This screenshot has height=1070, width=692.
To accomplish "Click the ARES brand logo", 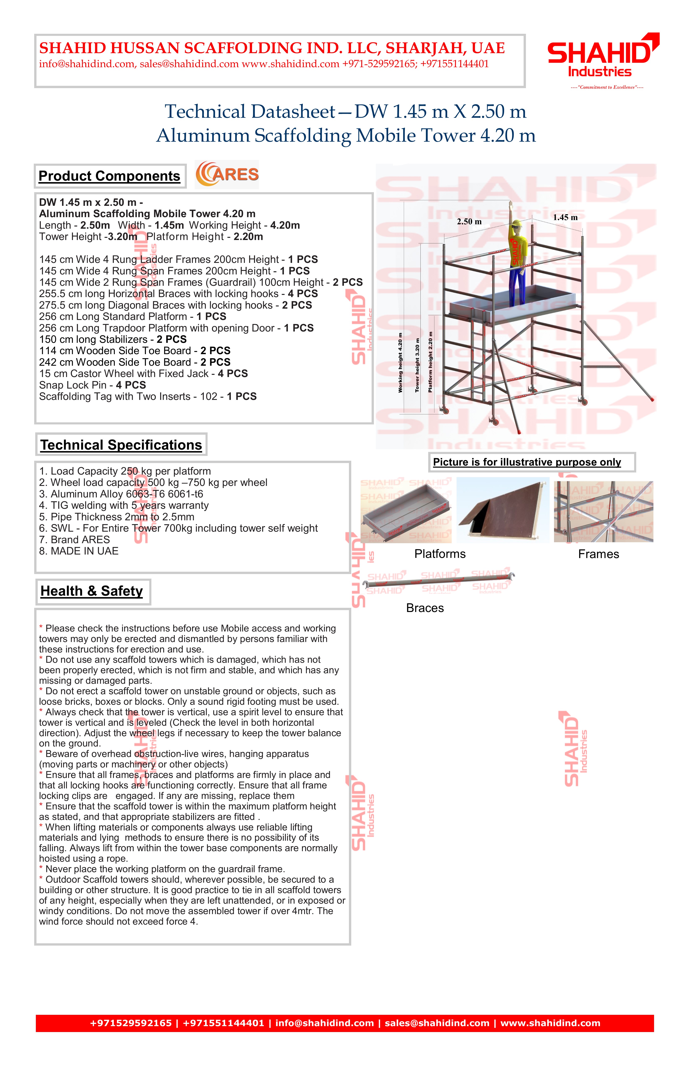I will tap(227, 174).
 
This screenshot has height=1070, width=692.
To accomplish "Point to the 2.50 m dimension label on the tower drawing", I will tap(469, 222).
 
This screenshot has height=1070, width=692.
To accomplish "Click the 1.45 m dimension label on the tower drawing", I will tap(565, 218).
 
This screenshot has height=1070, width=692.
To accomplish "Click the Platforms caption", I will tap(440, 554).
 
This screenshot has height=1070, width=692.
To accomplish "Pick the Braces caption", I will tap(425, 608).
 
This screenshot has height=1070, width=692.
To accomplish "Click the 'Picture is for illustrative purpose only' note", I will tap(527, 462).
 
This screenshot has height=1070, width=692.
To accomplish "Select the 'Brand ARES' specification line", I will tap(75, 539).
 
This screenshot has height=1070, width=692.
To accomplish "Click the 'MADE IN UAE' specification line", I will tap(79, 551).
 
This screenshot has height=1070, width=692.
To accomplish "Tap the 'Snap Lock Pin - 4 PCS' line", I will tap(92, 385).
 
